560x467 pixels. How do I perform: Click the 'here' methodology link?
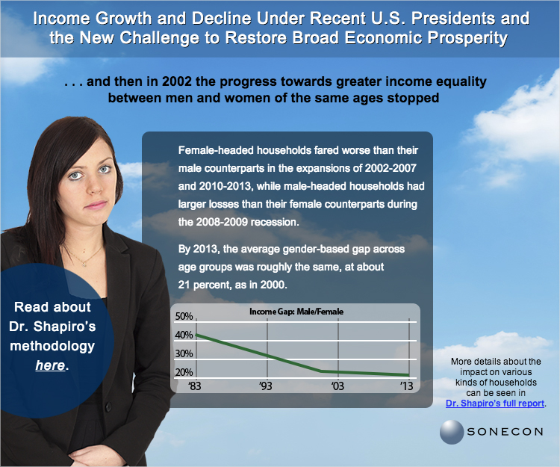(x=50, y=365)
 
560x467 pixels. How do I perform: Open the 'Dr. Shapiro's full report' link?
(x=495, y=403)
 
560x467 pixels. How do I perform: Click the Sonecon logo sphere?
(x=452, y=432)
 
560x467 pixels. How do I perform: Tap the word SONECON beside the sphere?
(x=505, y=432)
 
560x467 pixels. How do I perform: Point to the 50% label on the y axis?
(x=184, y=316)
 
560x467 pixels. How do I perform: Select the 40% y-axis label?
(x=184, y=335)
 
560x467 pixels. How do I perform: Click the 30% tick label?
(x=184, y=353)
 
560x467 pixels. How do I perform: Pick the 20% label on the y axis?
(x=184, y=372)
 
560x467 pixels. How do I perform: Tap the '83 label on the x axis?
(x=195, y=386)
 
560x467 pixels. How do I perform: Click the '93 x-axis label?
(x=266, y=386)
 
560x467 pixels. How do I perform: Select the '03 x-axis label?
(x=337, y=386)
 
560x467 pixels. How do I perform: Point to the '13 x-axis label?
(x=406, y=386)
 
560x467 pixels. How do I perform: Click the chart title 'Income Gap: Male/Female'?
(x=296, y=312)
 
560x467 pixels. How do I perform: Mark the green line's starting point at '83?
(x=196, y=335)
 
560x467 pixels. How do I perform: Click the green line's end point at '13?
(x=408, y=375)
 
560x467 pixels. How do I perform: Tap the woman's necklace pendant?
(x=84, y=265)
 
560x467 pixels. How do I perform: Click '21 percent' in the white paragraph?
(x=206, y=285)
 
